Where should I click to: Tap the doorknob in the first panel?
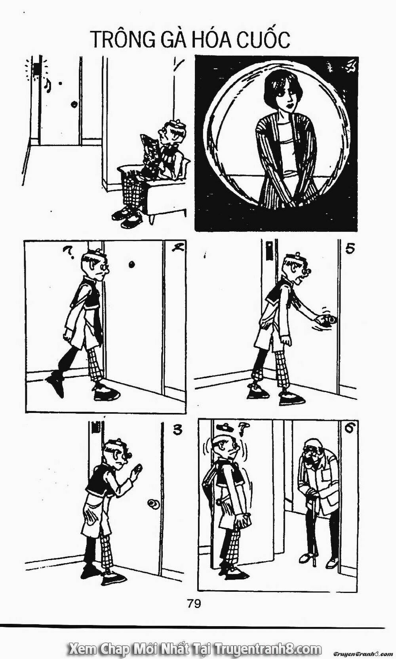coord(74,104)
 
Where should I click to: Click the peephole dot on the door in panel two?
coord(131,265)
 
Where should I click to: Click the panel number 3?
coord(177,430)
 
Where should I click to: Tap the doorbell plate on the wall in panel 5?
coord(269,250)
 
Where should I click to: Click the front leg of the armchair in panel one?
coord(152,218)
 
